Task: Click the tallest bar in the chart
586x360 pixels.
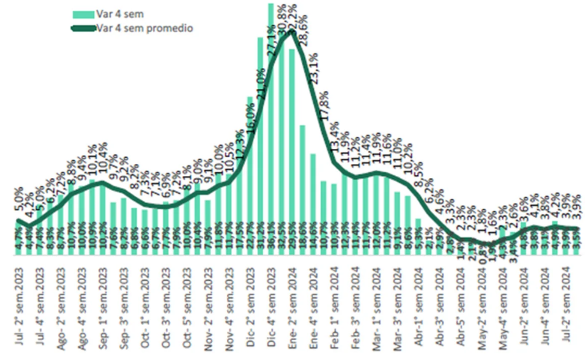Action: coord(272,121)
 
